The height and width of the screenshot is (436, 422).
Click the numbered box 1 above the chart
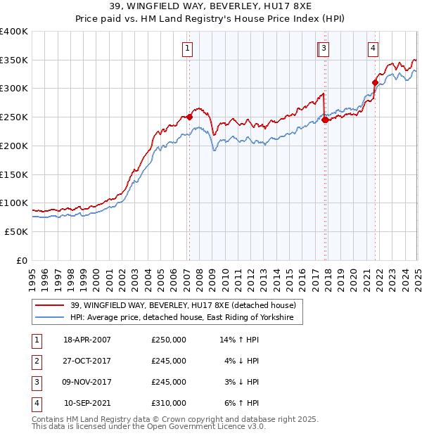[188, 49]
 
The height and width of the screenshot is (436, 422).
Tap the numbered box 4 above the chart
[373, 49]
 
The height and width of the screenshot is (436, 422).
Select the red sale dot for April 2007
[189, 117]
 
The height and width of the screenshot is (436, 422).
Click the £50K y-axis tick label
[16, 231]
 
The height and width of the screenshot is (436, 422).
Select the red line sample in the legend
[50, 305]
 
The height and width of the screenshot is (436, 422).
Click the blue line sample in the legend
[50, 318]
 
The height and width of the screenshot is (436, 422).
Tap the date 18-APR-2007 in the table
[87, 340]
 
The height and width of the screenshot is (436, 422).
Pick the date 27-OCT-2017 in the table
[87, 361]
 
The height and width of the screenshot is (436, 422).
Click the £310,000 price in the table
[169, 403]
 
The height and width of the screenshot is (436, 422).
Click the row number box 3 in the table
[35, 382]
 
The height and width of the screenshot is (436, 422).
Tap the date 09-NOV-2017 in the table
[87, 382]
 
